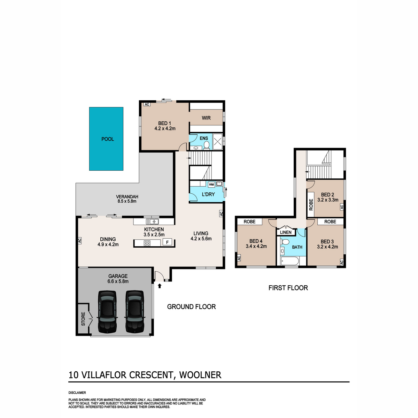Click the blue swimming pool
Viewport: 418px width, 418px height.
point(106,139)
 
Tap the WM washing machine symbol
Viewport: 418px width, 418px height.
point(211,185)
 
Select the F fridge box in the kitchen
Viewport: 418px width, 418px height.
point(167,242)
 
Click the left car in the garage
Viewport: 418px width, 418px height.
point(107,312)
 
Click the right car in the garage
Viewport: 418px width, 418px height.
point(135,312)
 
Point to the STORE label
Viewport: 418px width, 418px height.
point(83,319)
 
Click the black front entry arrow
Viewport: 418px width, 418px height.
point(160,286)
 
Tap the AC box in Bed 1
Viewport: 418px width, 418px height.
point(147,104)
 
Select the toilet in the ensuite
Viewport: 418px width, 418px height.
point(206,145)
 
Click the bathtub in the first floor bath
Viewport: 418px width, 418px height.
point(289,261)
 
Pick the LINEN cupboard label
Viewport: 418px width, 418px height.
point(286,232)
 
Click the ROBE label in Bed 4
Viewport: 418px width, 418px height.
point(249,222)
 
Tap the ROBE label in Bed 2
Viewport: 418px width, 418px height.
point(311,204)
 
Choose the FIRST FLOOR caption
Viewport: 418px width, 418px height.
point(288,288)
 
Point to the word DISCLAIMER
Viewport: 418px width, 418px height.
point(77,393)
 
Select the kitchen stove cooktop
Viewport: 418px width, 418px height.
point(147,243)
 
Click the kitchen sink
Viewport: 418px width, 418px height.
point(153,222)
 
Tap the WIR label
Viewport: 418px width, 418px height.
point(206,118)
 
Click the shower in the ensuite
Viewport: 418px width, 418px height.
point(217,142)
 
